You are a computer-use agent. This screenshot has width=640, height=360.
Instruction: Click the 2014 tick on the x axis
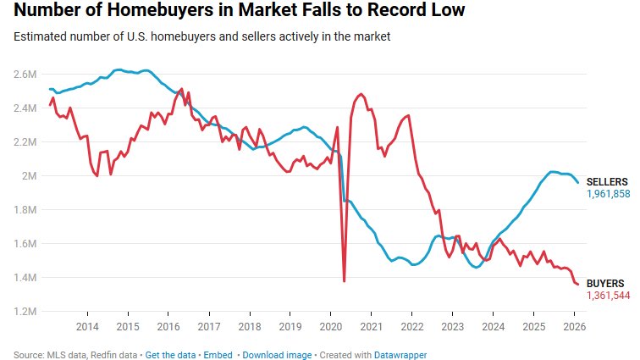tap(87, 327)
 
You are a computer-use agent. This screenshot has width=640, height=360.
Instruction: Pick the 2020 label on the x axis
tap(330, 327)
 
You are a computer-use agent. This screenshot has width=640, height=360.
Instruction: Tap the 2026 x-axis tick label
tap(574, 327)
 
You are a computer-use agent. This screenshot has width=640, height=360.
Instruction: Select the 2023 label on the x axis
tap(452, 327)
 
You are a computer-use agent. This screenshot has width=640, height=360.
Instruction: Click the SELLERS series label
tap(607, 182)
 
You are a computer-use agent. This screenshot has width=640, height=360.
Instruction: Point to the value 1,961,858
tap(609, 194)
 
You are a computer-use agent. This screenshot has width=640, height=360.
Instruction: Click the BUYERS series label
tap(605, 283)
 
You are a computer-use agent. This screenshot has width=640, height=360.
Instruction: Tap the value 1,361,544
tap(609, 295)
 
